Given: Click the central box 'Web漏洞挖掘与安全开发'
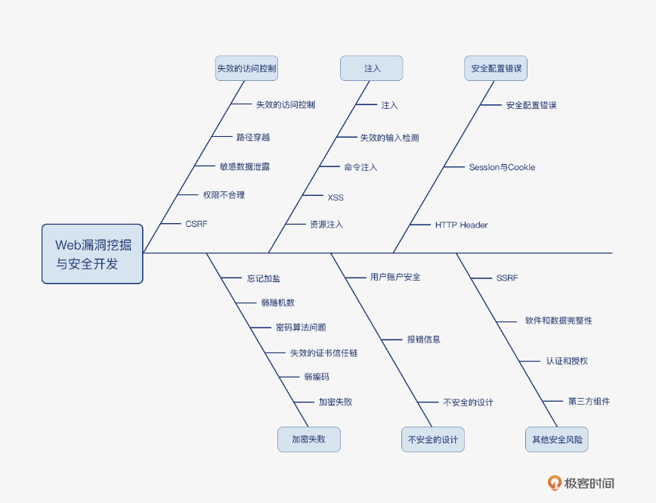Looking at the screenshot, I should tap(92, 254).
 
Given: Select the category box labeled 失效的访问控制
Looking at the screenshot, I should tap(246, 68).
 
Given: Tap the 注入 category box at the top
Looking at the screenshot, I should tap(372, 68).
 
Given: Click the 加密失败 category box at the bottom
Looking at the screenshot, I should tap(309, 439).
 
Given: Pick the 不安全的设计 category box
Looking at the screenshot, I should tap(433, 439).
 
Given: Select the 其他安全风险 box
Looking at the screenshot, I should tap(557, 439).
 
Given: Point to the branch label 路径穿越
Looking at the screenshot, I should tap(253, 137).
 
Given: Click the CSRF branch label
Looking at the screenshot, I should tap(196, 224).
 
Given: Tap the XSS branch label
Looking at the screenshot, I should tap(336, 197).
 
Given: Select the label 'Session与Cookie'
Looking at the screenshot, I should tap(502, 167).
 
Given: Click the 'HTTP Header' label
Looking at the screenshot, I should tap(461, 225).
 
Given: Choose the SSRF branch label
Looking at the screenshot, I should tap(507, 278).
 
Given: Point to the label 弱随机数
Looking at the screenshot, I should tap(278, 303).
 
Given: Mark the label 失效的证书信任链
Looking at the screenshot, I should tap(324, 352).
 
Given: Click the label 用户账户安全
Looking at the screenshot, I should tap(395, 277).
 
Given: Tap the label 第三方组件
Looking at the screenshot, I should tap(589, 401).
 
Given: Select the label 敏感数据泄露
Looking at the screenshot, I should tap(245, 166).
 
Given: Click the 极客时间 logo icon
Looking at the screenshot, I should tap(555, 483).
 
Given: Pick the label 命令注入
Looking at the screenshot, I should tap(360, 167).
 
